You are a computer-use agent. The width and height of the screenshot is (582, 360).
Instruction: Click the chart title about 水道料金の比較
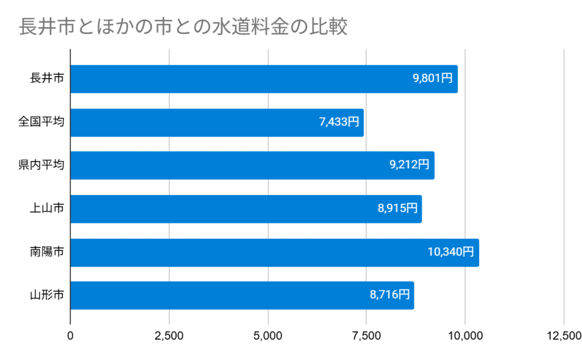click(x=183, y=27)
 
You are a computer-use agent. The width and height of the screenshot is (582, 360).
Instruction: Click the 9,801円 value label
click(x=433, y=79)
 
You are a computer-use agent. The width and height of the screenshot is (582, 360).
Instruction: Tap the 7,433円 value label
click(x=339, y=122)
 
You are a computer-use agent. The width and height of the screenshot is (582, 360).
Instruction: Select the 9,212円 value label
click(x=410, y=165)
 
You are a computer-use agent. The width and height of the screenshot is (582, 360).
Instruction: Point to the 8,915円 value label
click(x=397, y=209)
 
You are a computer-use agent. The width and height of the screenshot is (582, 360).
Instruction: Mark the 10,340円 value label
click(x=451, y=253)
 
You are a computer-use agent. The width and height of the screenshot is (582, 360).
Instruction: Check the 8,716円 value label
click(x=389, y=296)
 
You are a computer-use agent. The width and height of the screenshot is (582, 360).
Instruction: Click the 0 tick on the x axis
click(x=70, y=336)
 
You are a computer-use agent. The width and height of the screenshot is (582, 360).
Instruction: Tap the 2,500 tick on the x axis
click(x=169, y=336)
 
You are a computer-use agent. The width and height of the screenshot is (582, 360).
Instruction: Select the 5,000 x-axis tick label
click(x=268, y=336)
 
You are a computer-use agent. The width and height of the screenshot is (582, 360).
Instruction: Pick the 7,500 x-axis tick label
click(x=367, y=336)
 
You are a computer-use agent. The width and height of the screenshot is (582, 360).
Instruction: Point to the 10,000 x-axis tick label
click(x=465, y=336)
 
